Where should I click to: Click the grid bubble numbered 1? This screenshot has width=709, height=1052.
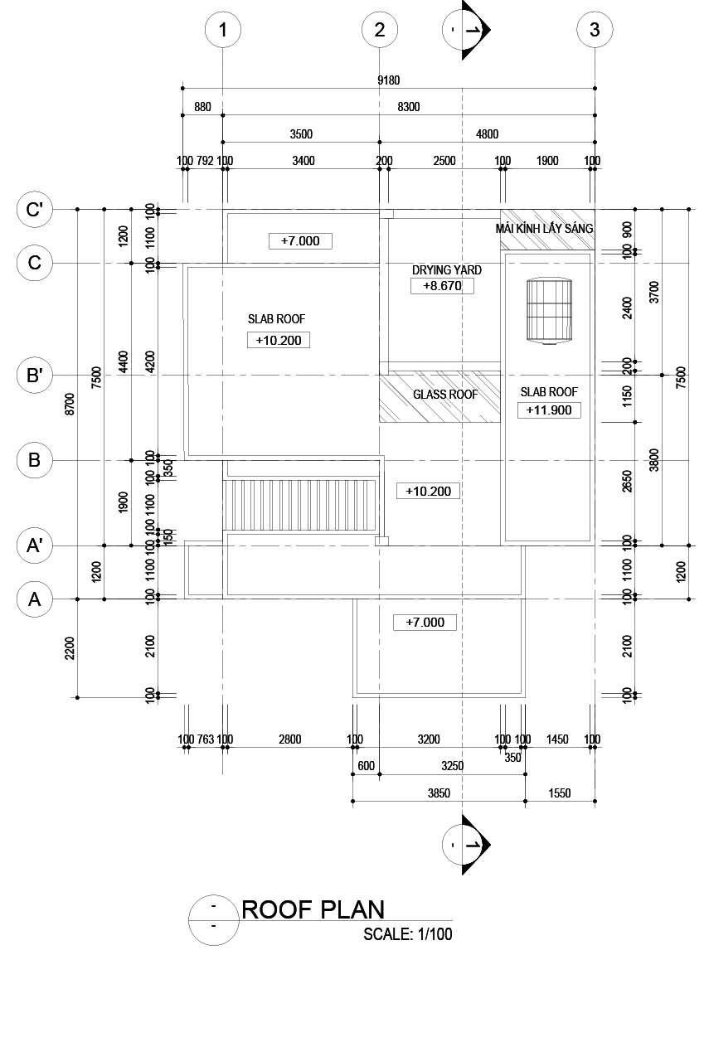tap(222, 30)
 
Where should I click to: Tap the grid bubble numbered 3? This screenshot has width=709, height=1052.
tap(595, 30)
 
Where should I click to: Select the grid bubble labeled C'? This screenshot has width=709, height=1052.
tap(35, 210)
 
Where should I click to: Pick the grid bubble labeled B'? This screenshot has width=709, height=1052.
tap(35, 376)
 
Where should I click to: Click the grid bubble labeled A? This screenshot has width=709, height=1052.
tap(35, 599)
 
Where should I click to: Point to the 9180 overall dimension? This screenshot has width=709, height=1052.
tap(388, 80)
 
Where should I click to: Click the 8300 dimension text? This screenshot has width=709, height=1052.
tap(408, 107)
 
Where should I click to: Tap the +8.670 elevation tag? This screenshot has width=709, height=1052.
tap(443, 286)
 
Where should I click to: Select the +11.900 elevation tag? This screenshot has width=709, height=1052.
tap(549, 410)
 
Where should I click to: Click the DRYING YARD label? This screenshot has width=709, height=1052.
tap(446, 270)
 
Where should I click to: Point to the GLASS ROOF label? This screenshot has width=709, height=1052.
tap(445, 395)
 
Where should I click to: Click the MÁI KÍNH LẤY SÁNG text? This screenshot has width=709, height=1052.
tap(544, 228)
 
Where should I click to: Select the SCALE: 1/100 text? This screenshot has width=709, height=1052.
tap(408, 934)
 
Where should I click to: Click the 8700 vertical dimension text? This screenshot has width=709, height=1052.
tap(70, 404)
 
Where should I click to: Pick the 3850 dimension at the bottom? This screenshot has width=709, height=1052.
tap(438, 793)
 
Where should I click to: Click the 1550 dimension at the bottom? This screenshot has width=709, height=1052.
tap(560, 793)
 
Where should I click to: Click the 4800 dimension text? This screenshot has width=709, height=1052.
tap(487, 134)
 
